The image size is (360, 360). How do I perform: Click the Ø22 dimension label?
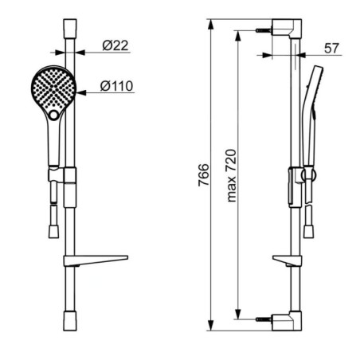[x=115, y=45]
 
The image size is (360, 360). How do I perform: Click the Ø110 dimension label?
[x=116, y=86]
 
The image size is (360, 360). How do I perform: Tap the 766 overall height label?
[x=204, y=175]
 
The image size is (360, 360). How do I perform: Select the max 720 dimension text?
[x=231, y=175]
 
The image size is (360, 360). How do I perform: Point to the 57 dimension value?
[x=331, y=49]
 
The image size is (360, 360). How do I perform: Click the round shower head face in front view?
[x=53, y=88]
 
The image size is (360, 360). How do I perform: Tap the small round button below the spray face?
[x=54, y=115]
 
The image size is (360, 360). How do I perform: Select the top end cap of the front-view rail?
[x=70, y=29]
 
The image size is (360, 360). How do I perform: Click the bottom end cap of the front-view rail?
[x=70, y=321]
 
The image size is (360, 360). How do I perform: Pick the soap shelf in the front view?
[x=96, y=260]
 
